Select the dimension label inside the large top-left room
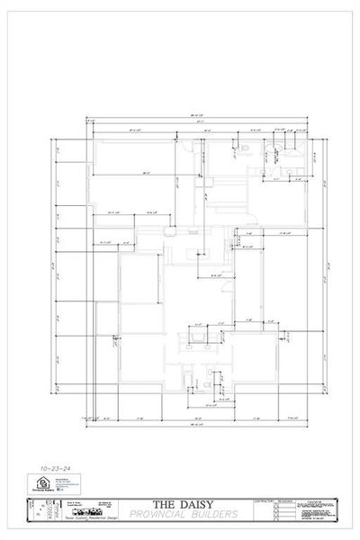click(144, 174)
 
